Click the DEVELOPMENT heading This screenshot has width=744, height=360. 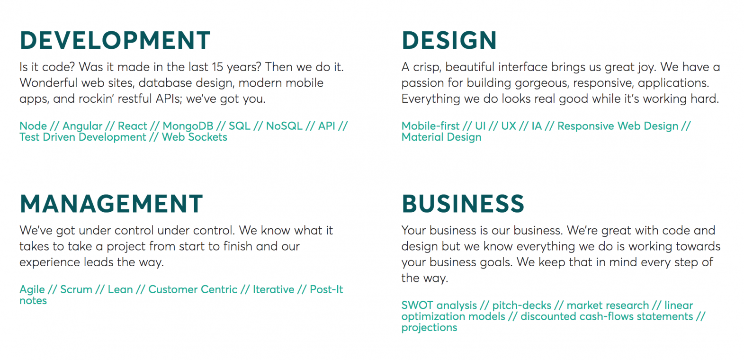click(x=115, y=41)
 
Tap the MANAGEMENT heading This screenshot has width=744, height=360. click(x=111, y=204)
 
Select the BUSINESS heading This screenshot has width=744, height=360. click(x=463, y=204)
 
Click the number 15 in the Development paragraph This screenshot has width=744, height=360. click(x=217, y=67)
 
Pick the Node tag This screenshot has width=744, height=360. click(x=33, y=126)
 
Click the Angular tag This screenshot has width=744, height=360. click(x=82, y=126)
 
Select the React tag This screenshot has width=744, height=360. click(x=132, y=126)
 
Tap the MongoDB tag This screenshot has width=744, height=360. click(x=188, y=126)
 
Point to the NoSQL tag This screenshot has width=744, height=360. click(x=284, y=126)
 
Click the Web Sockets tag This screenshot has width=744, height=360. click(x=194, y=137)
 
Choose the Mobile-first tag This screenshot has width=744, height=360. click(x=430, y=126)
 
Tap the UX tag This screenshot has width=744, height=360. click(x=509, y=126)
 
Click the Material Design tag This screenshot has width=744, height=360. click(x=441, y=137)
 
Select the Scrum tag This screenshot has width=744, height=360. click(x=76, y=289)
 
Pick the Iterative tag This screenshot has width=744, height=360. click(x=273, y=289)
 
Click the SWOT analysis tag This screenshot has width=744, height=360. click(x=439, y=305)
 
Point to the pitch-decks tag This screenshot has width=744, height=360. click(x=521, y=305)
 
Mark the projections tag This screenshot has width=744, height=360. click(x=429, y=328)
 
